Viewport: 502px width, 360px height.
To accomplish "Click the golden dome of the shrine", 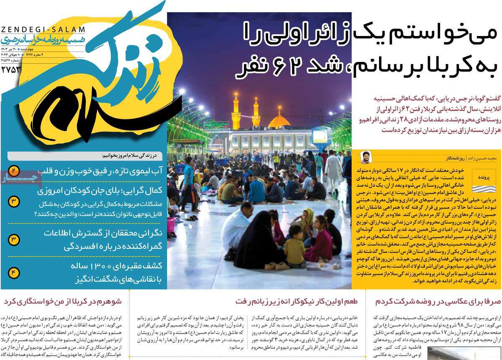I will point(279,122).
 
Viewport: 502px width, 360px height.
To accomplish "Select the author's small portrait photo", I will point(366,157).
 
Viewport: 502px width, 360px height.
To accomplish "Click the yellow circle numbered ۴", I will point(13,273).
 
